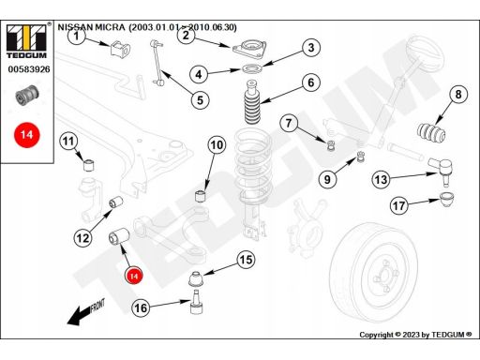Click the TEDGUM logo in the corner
tap(27, 40)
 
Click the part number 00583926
tap(29, 69)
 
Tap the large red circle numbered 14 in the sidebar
tap(26, 135)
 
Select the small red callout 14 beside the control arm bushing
tap(134, 276)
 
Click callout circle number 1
tap(77, 36)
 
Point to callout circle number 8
tap(458, 94)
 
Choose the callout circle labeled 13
tap(381, 179)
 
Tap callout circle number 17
tap(399, 205)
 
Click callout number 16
tap(141, 308)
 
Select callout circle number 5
tap(200, 100)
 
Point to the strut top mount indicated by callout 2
tap(249, 49)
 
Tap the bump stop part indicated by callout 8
tap(431, 132)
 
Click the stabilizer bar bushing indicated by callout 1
tap(120, 49)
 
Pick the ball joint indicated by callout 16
tap(197, 302)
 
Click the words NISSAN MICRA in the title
tap(91, 27)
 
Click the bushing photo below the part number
tap(27, 95)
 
